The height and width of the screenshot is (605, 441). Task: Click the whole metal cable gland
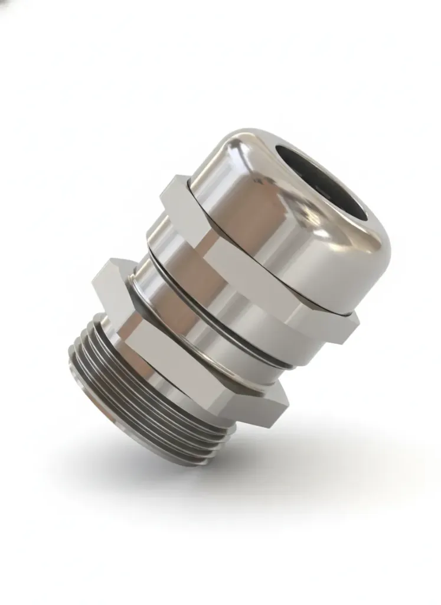(236, 295)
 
